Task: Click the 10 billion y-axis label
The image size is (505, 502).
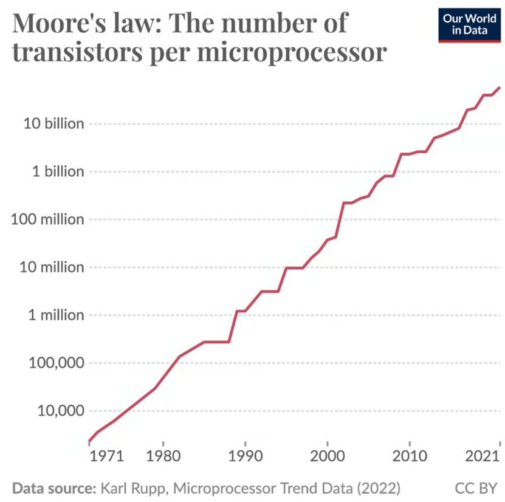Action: pyautogui.click(x=54, y=123)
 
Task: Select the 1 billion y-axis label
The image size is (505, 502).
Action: pyautogui.click(x=58, y=171)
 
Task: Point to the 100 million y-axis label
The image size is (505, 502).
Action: pyautogui.click(x=47, y=219)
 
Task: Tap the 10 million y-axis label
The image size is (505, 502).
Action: pyautogui.click(x=52, y=267)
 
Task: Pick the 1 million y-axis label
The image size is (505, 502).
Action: pyautogui.click(x=56, y=315)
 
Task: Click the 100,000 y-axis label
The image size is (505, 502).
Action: pyautogui.click(x=57, y=363)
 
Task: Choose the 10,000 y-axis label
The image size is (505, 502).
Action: pyautogui.click(x=61, y=411)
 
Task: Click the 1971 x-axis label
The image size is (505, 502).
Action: pyautogui.click(x=106, y=456)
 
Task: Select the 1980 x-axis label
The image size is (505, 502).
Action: pyautogui.click(x=163, y=456)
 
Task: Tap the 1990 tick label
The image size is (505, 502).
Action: pyautogui.click(x=246, y=456)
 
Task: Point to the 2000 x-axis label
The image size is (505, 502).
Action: pyautogui.click(x=328, y=456)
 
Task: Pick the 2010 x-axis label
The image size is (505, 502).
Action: pyautogui.click(x=410, y=456)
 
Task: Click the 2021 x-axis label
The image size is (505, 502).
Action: pyautogui.click(x=482, y=456)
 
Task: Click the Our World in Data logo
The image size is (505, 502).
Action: pyautogui.click(x=470, y=25)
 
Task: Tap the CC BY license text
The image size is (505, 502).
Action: pyautogui.click(x=476, y=489)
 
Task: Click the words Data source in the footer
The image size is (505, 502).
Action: pyautogui.click(x=55, y=489)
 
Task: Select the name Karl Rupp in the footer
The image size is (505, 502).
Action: pyautogui.click(x=134, y=489)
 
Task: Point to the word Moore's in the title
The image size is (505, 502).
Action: pyautogui.click(x=59, y=23)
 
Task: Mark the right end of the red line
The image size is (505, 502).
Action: pyautogui.click(x=500, y=88)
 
